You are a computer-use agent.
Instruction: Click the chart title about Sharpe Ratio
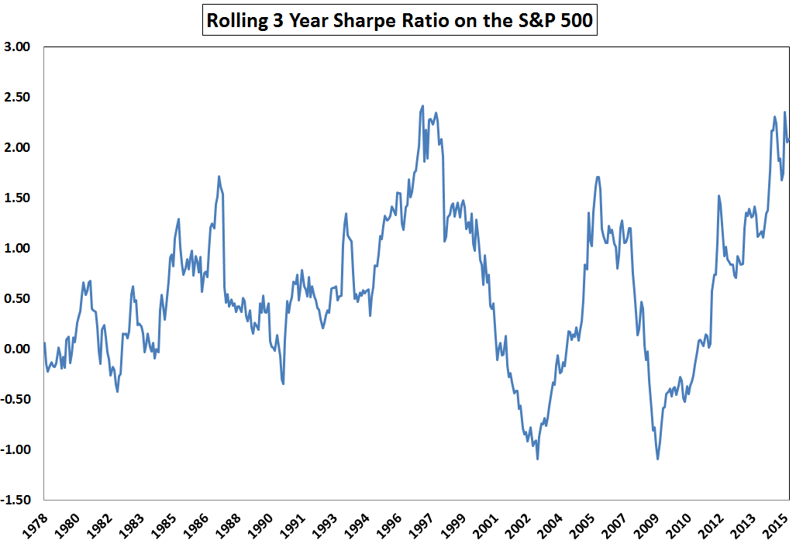[x=400, y=20]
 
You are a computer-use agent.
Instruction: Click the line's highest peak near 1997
[x=422, y=106]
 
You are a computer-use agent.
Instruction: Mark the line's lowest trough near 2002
[x=537, y=459]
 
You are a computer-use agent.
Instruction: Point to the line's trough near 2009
[x=658, y=459]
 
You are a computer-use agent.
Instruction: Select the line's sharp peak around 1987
[x=219, y=177]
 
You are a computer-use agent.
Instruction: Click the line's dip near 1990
[x=283, y=383]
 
